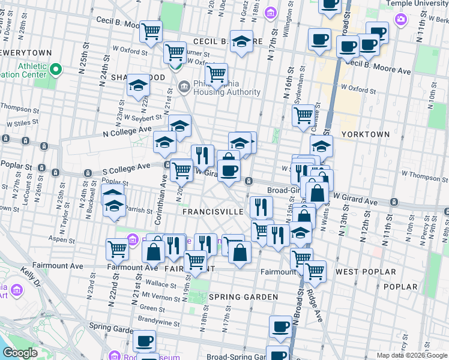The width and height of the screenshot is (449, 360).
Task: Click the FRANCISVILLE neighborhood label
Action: (213, 212)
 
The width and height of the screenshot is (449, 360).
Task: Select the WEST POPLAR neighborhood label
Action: (366, 272)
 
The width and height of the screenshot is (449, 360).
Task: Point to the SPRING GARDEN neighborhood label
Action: (243, 297)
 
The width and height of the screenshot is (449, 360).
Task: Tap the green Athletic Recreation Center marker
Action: (56, 70)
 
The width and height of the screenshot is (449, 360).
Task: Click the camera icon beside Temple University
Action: (400, 19)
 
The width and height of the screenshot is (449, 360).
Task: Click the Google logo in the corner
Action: (20, 353)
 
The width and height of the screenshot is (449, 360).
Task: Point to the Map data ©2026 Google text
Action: (411, 355)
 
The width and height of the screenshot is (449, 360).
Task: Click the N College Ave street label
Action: (128, 131)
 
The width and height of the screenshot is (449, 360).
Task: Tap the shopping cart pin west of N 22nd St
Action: (117, 248)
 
